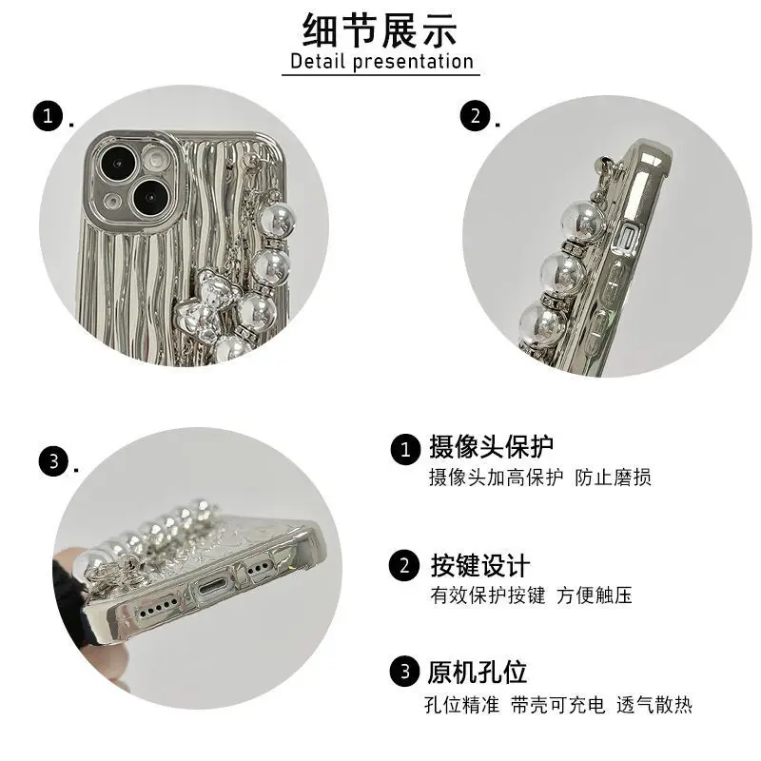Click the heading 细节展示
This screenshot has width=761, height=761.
coord(380,30)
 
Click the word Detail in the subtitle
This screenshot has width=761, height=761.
coord(318,62)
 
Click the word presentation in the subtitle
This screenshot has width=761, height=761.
coord(413,63)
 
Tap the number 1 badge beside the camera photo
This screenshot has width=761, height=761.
coord(48,116)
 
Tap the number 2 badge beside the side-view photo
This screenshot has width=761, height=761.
coord(475,116)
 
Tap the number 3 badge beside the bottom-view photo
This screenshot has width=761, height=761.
coord(53,461)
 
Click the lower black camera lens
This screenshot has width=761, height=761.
coord(151,199)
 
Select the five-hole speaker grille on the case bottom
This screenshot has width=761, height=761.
coord(158,609)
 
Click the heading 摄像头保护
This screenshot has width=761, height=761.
coord(491,446)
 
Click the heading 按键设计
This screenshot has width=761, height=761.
coord(479,566)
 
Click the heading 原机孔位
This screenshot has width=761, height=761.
coord(478,673)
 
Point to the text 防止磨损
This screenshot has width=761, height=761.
coord(613,478)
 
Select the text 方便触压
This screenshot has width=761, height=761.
coord(595,595)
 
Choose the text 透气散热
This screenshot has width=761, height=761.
coord(654,705)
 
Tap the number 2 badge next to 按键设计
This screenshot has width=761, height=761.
coord(403,566)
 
